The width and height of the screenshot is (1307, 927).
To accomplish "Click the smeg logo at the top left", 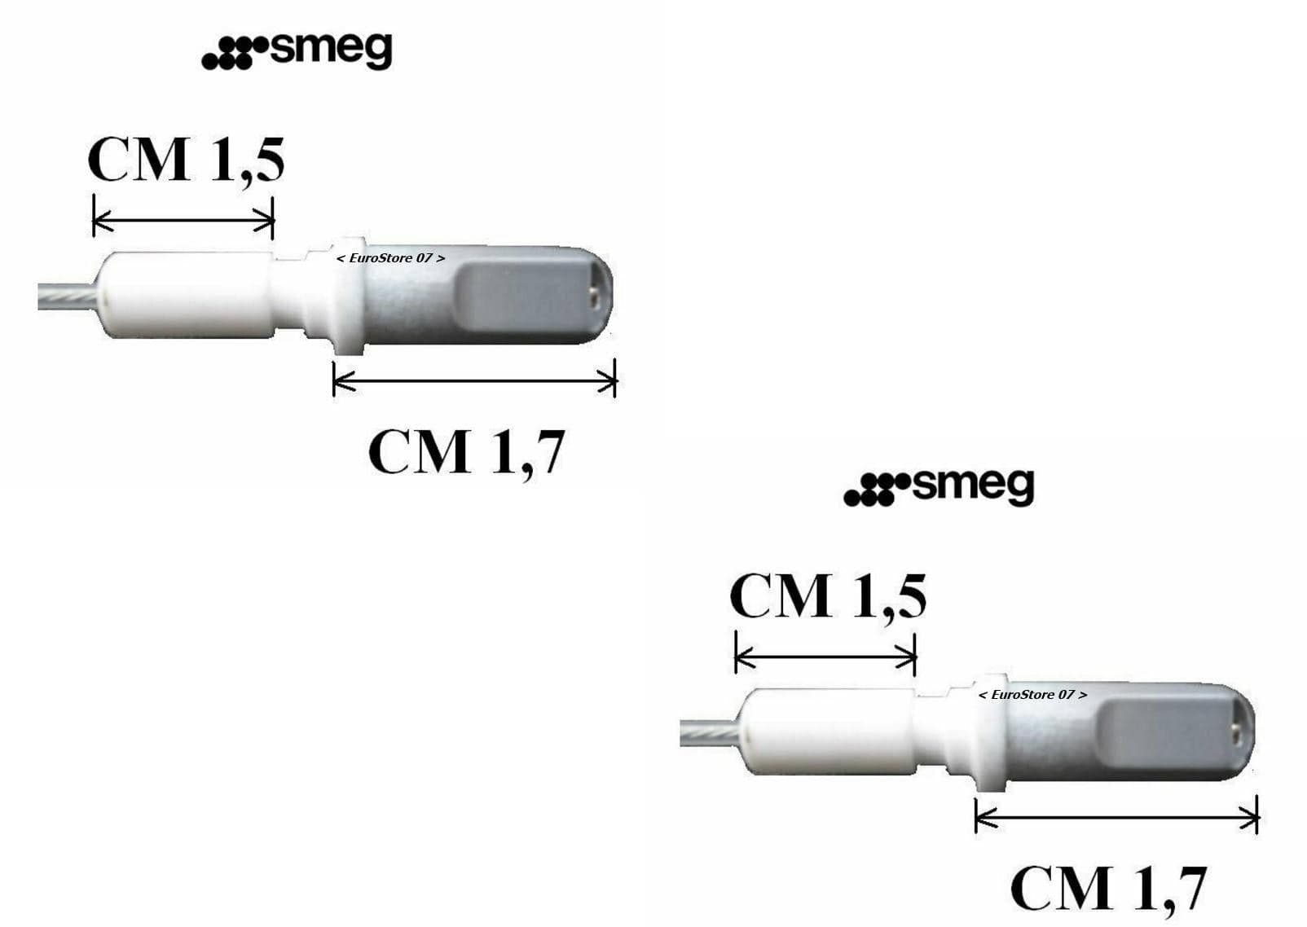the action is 297,52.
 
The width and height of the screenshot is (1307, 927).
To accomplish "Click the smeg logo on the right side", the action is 939,489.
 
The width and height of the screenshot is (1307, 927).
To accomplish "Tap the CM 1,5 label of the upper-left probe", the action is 186,160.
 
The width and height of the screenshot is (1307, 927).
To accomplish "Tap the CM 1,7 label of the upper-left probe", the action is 466,453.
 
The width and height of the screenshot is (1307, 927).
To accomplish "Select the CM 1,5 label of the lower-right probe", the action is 828,597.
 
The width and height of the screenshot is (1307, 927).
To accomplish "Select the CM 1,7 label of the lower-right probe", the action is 1109,889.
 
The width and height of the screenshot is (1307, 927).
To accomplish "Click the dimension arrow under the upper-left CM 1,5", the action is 183,220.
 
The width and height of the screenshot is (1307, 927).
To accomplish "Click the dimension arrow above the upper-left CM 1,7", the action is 474,380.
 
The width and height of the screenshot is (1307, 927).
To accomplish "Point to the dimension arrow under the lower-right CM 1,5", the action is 825,657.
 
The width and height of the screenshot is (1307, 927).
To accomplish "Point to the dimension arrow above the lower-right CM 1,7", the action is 1116,817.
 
